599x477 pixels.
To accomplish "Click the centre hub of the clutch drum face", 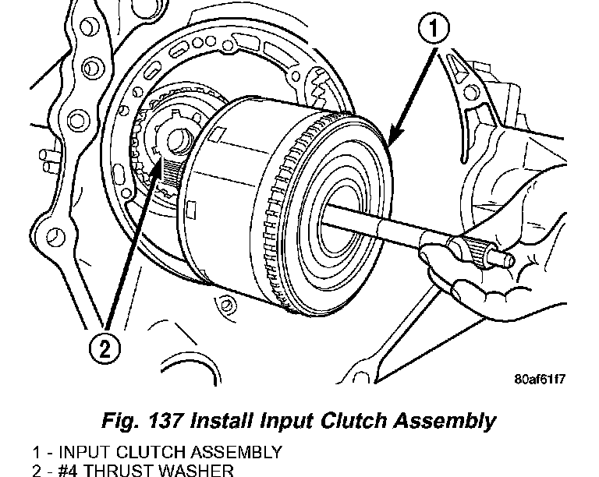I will coord(337,209).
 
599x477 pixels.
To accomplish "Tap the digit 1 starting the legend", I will coord(36,452).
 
